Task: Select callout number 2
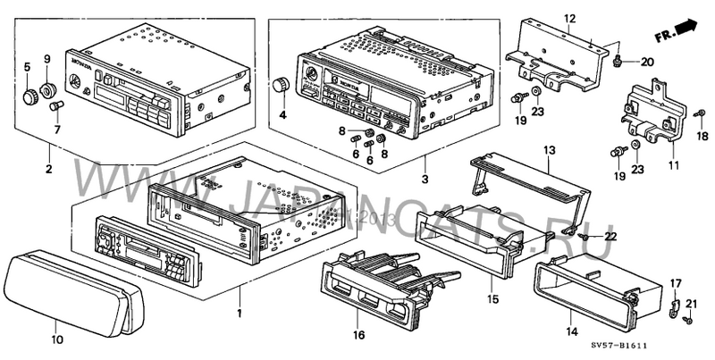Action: pyautogui.click(x=48, y=167)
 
